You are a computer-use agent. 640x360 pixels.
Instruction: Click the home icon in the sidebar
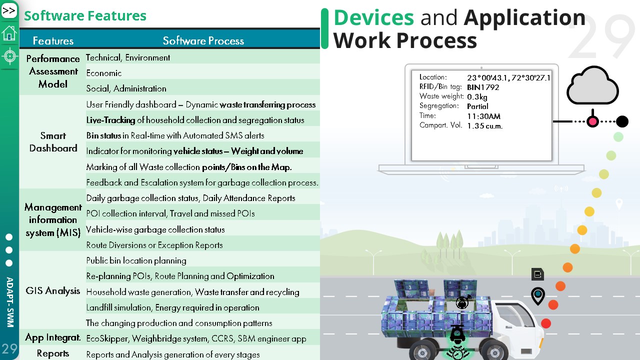coord(9,33)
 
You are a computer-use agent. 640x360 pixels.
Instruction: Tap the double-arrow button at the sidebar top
coord(9,11)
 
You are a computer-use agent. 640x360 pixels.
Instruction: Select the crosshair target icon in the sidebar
coord(9,56)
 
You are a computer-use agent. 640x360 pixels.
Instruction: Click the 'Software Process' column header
coord(203,41)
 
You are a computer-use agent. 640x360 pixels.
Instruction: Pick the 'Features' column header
coord(53,41)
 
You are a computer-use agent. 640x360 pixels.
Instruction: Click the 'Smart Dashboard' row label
coord(53,141)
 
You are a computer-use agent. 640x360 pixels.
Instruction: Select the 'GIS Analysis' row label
coord(53,290)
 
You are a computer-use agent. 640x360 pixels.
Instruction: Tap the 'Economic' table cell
coord(104,73)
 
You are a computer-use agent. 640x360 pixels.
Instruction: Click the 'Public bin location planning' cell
coord(136,260)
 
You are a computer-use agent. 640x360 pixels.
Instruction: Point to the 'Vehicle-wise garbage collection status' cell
coord(155,229)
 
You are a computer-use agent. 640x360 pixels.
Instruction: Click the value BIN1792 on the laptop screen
coord(483,87)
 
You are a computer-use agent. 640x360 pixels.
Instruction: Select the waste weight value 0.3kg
coord(477,97)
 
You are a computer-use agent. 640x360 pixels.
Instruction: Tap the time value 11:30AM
coord(483,116)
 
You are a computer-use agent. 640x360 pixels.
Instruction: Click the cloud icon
coord(593,85)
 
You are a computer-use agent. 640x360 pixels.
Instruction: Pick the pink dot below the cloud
coord(593,121)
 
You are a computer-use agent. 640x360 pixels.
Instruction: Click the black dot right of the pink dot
coord(622,121)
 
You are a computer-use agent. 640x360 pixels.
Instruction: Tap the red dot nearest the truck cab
coord(546,323)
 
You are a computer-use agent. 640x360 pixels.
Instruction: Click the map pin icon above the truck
coord(538,296)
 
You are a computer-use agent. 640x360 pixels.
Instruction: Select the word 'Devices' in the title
coord(373,17)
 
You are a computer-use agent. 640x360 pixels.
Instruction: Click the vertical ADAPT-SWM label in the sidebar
coord(10,302)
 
